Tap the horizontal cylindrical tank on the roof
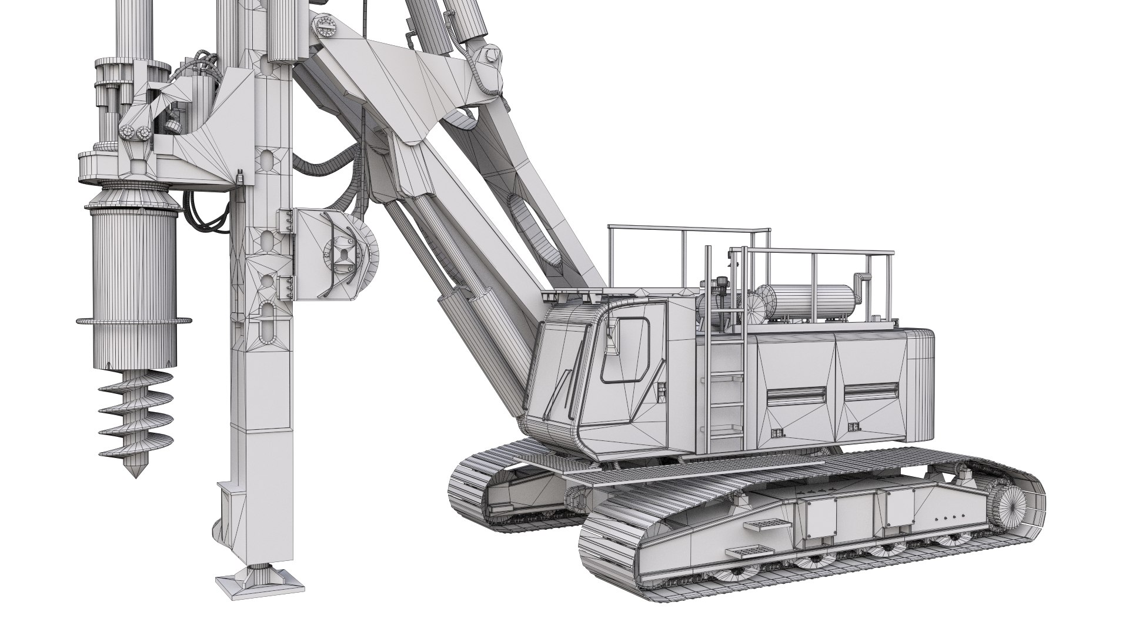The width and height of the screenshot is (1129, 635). pos(811,301)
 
